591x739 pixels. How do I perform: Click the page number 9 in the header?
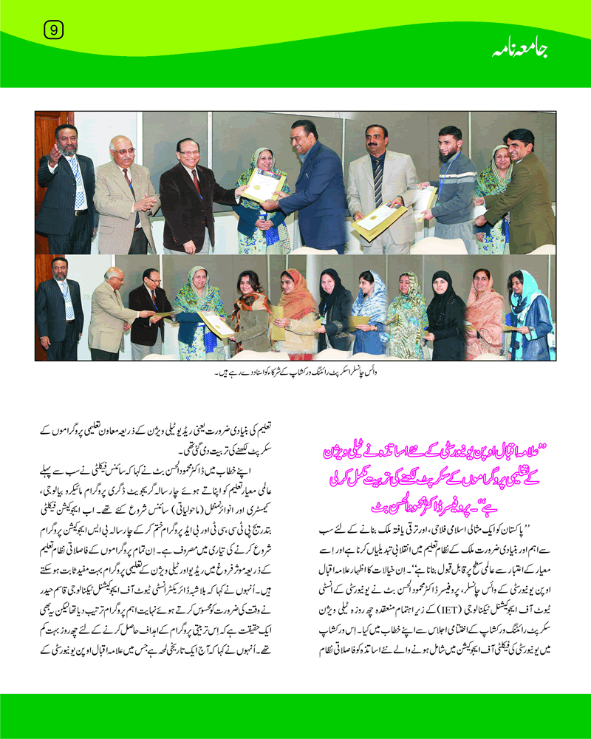(x=54, y=30)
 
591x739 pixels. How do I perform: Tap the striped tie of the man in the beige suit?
(x=378, y=178)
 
